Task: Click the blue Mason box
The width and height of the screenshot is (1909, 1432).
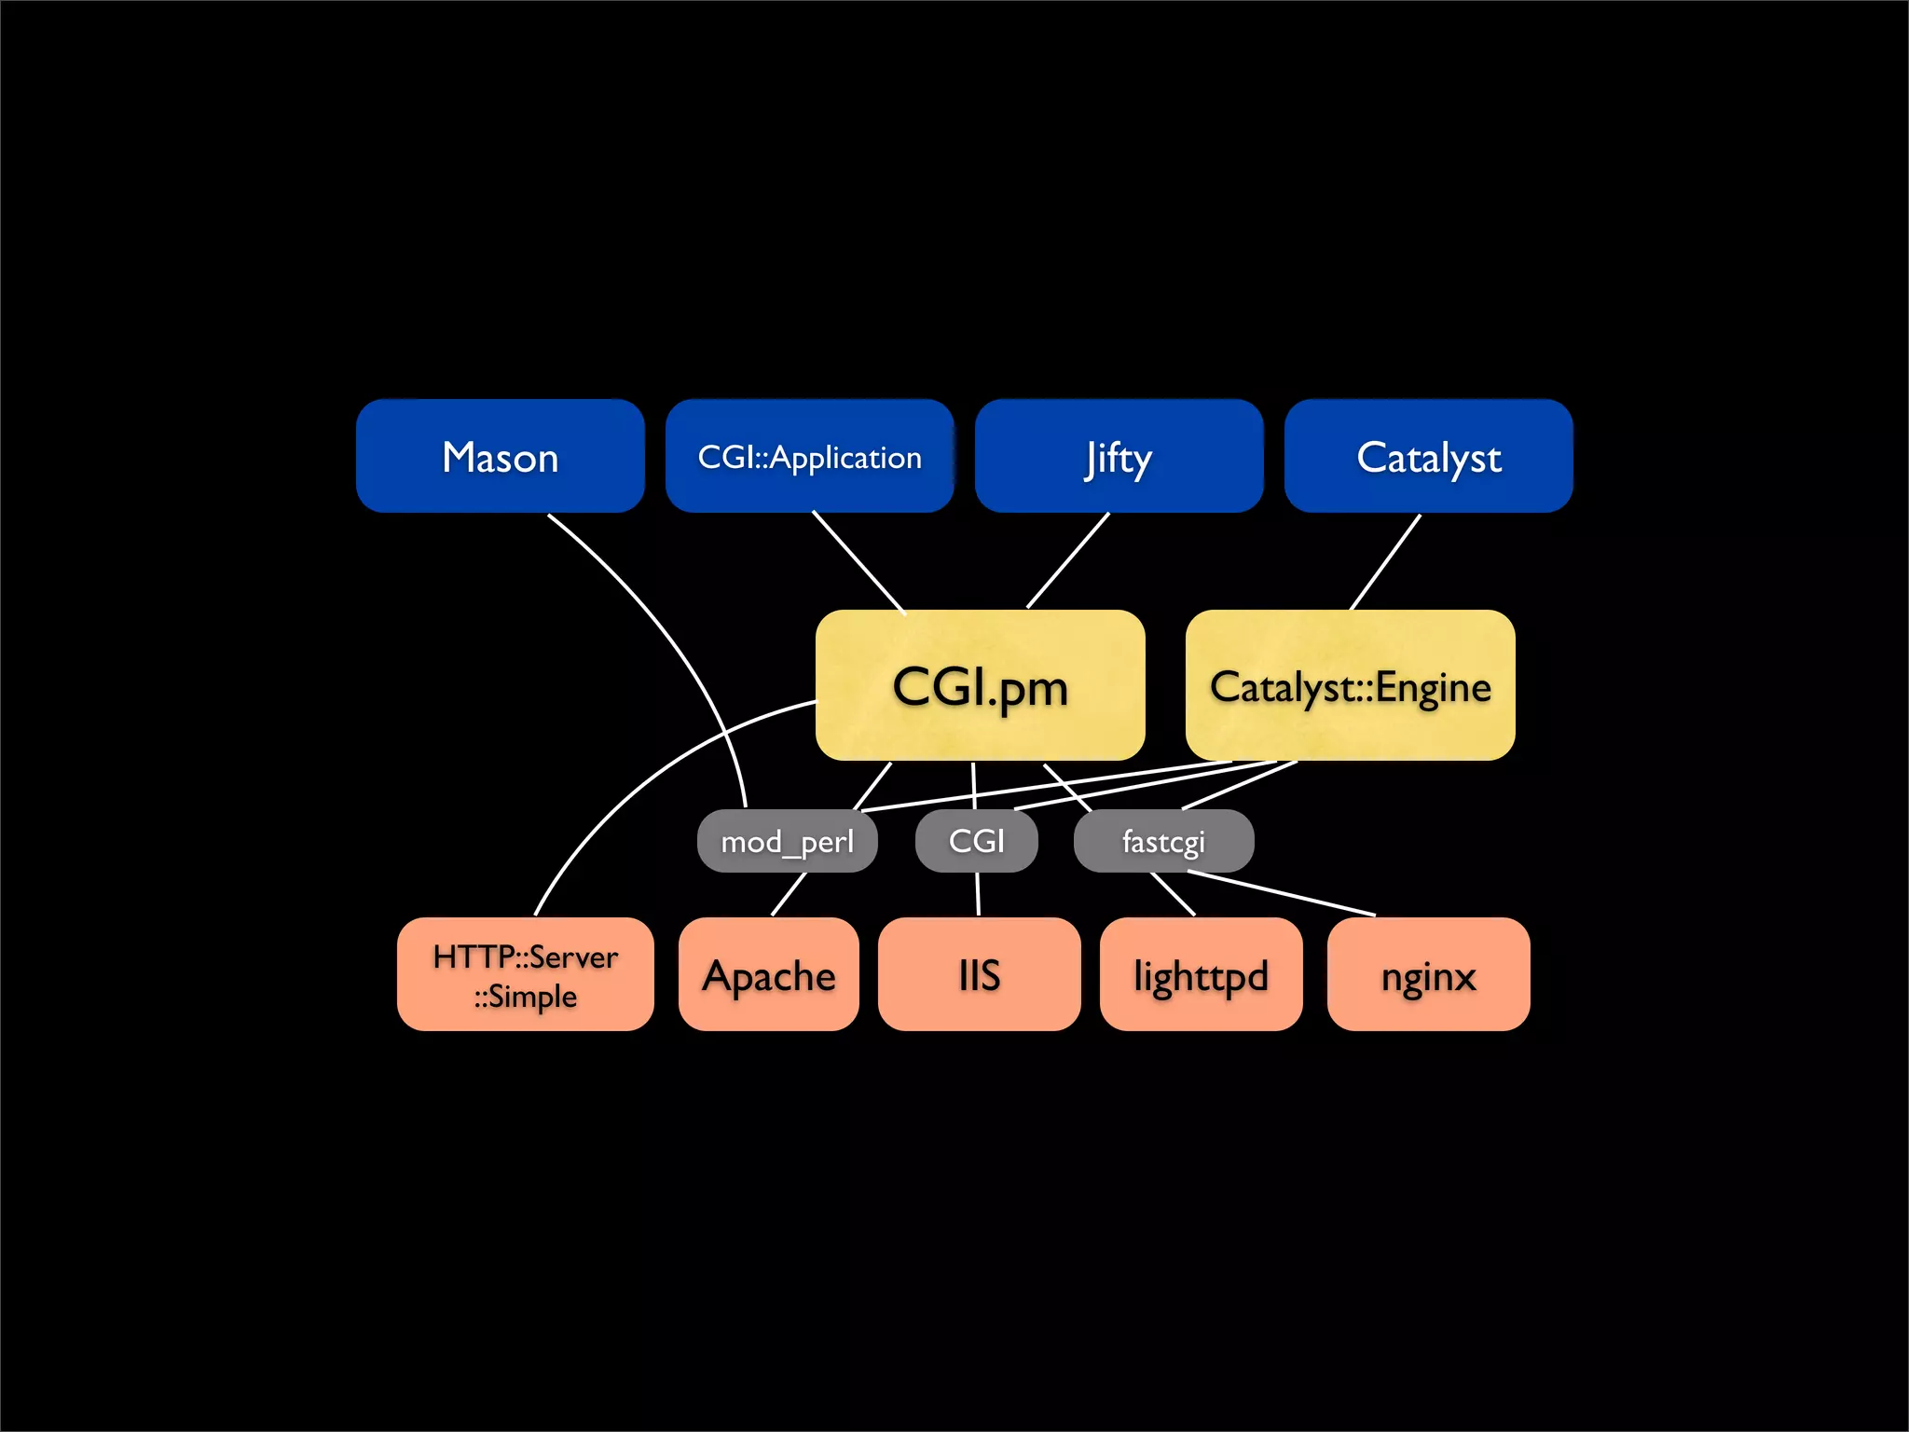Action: coord(500,456)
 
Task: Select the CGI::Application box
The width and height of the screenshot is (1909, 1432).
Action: coord(809,456)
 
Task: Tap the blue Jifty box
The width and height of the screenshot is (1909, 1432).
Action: coord(1119,456)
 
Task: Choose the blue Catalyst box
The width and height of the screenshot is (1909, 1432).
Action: coord(1428,456)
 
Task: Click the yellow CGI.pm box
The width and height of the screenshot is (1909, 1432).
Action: coord(980,685)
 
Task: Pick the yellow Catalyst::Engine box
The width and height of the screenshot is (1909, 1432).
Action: coord(1350,685)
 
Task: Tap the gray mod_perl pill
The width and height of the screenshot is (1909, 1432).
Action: coord(787,841)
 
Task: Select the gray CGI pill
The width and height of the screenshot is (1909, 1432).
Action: coord(976,841)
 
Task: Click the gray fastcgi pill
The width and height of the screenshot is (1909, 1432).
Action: coord(1163,841)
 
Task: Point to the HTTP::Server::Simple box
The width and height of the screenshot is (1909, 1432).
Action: coord(525,974)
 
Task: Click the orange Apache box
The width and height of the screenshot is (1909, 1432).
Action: coord(768,974)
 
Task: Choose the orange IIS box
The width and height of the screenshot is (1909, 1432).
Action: coord(979,974)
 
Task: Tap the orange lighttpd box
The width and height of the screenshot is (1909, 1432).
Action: coord(1201,974)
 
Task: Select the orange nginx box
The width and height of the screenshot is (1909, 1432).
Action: coord(1428,974)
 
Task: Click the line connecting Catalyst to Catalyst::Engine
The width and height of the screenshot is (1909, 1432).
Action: coord(1386,561)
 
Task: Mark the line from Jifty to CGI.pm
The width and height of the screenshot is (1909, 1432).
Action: coord(1068,560)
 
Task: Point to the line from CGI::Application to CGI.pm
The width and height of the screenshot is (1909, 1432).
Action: coord(858,562)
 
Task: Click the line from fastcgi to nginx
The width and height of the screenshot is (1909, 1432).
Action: coord(1282,893)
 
